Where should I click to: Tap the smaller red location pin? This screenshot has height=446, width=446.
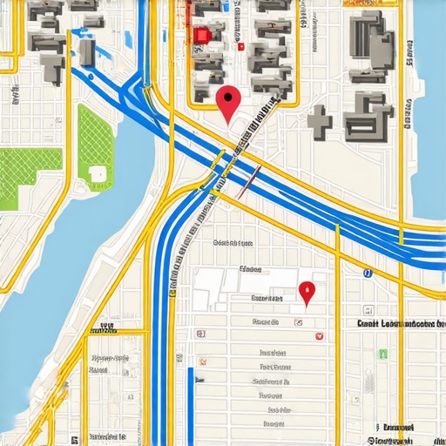point(306,291)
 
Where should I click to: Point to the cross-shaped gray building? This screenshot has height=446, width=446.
point(320,122)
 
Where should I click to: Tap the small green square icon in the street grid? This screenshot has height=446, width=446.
point(382,354)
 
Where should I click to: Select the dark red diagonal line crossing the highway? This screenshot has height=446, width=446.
point(248,180)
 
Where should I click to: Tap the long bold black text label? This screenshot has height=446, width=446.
point(396,323)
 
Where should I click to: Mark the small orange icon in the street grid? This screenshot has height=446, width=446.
point(202,360)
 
